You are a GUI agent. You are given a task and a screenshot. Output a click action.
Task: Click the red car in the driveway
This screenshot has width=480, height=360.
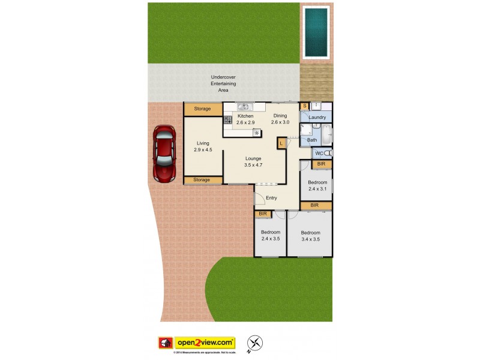(x=164, y=154)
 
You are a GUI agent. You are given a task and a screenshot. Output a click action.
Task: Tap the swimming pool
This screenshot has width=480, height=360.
(x=316, y=31)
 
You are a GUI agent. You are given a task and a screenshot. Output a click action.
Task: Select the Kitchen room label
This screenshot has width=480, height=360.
(x=245, y=116)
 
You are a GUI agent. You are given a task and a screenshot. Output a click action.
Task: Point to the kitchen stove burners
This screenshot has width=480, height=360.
(x=228, y=119)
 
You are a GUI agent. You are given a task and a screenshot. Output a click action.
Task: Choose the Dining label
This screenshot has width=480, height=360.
(x=280, y=116)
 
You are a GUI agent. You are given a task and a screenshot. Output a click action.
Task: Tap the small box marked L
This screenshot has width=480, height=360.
(x=281, y=143)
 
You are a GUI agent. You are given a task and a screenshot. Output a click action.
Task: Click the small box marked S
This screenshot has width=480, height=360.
(x=304, y=107)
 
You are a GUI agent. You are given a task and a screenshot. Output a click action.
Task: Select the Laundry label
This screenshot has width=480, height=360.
(x=317, y=118)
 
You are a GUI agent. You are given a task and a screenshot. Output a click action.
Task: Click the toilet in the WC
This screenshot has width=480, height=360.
(x=328, y=154)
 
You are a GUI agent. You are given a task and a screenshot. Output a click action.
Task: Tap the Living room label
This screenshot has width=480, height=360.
(x=203, y=143)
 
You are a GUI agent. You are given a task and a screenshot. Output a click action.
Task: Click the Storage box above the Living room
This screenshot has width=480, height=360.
(x=202, y=109)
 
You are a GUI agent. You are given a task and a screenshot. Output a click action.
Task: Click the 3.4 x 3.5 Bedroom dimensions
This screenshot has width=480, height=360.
(x=310, y=239)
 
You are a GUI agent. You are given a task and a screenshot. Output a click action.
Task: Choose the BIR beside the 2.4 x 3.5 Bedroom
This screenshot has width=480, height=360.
(x=262, y=214)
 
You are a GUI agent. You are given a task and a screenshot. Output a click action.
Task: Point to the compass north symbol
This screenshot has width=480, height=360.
(x=256, y=343)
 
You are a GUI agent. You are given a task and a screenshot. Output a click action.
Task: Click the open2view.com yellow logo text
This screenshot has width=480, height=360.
(x=205, y=343)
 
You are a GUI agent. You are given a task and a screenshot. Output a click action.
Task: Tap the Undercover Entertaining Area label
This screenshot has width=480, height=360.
(x=223, y=83)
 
